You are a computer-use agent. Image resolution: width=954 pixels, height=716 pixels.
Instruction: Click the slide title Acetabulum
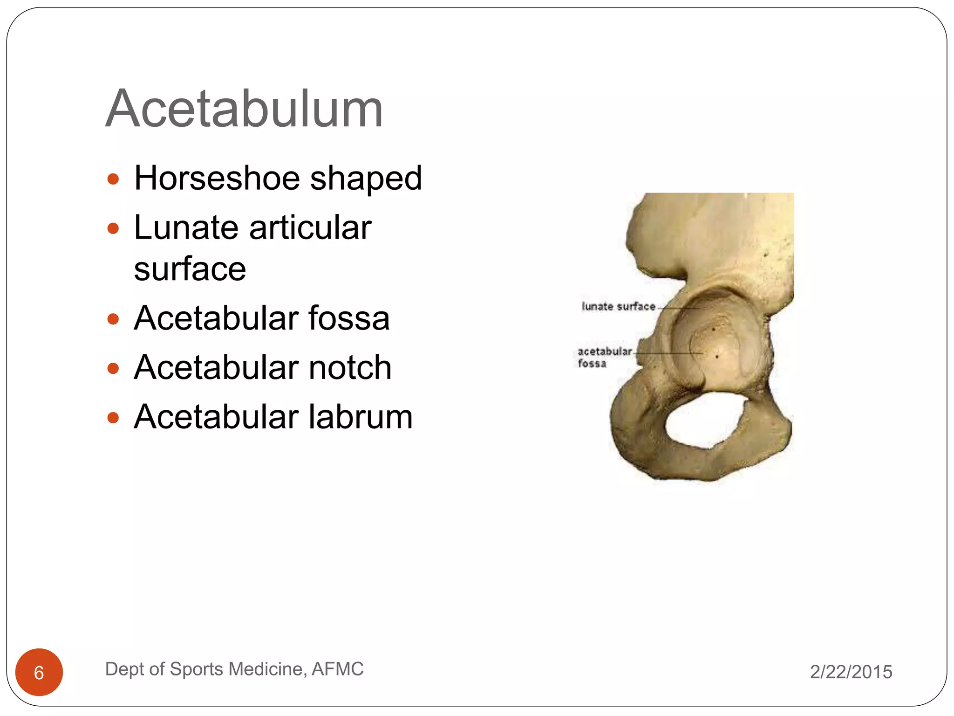244,109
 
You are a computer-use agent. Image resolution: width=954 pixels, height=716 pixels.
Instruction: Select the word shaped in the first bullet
366,179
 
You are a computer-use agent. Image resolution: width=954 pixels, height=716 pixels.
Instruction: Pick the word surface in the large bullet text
190,269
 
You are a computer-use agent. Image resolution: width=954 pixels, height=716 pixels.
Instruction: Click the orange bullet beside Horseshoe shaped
113,179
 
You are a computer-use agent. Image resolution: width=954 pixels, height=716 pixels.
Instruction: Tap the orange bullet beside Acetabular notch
113,369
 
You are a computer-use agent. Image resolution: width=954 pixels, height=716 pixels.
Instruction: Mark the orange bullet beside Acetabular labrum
113,418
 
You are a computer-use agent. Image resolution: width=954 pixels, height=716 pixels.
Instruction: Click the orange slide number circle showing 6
39,672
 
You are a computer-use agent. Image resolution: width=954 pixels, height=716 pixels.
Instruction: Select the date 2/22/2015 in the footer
851,672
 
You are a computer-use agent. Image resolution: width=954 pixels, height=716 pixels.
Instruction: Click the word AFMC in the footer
337,669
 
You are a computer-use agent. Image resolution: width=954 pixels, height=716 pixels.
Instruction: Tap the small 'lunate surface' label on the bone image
619,306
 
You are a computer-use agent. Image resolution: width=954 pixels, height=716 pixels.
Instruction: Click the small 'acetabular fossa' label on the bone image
604,357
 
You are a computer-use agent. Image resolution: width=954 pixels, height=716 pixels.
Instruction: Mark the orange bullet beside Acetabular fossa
113,319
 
